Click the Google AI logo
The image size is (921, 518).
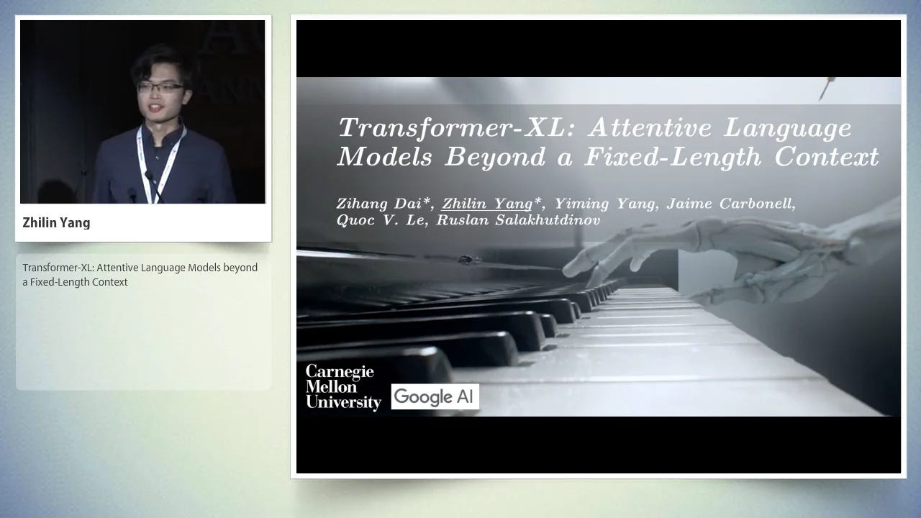click(x=435, y=396)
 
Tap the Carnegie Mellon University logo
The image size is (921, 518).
click(x=342, y=386)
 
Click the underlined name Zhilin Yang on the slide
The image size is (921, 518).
click(x=487, y=204)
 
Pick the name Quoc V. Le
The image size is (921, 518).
click(x=381, y=220)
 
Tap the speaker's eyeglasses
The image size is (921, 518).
click(x=160, y=88)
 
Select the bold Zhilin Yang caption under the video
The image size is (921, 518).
click(x=56, y=223)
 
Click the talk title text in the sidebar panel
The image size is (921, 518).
click(x=140, y=275)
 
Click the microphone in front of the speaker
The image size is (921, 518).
click(x=150, y=177)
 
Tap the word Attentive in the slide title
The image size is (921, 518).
click(x=650, y=128)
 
